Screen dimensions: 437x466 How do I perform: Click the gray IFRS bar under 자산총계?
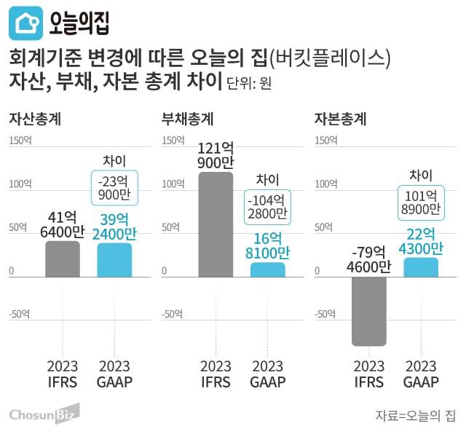pyautogui.click(x=63, y=259)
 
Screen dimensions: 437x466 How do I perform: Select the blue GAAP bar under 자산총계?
pyautogui.click(x=114, y=260)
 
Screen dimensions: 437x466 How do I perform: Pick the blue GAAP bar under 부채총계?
pyautogui.click(x=267, y=270)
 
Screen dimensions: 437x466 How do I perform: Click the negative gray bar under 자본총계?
pyautogui.click(x=368, y=312)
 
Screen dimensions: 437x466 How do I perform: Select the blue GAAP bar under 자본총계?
pyautogui.click(x=421, y=267)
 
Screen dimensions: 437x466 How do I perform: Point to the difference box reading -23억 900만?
pyautogui.click(x=114, y=188)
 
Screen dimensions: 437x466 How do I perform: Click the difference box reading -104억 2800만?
pyautogui.click(x=267, y=207)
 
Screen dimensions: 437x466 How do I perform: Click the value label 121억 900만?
pyautogui.click(x=216, y=155)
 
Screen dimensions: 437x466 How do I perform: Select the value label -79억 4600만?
pyautogui.click(x=368, y=259)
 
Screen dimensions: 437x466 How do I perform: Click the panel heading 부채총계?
pyautogui.click(x=187, y=119)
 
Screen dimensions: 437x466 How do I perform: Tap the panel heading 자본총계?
pyautogui.click(x=340, y=119)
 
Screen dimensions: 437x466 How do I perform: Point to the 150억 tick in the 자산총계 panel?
pyautogui.click(x=20, y=141)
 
